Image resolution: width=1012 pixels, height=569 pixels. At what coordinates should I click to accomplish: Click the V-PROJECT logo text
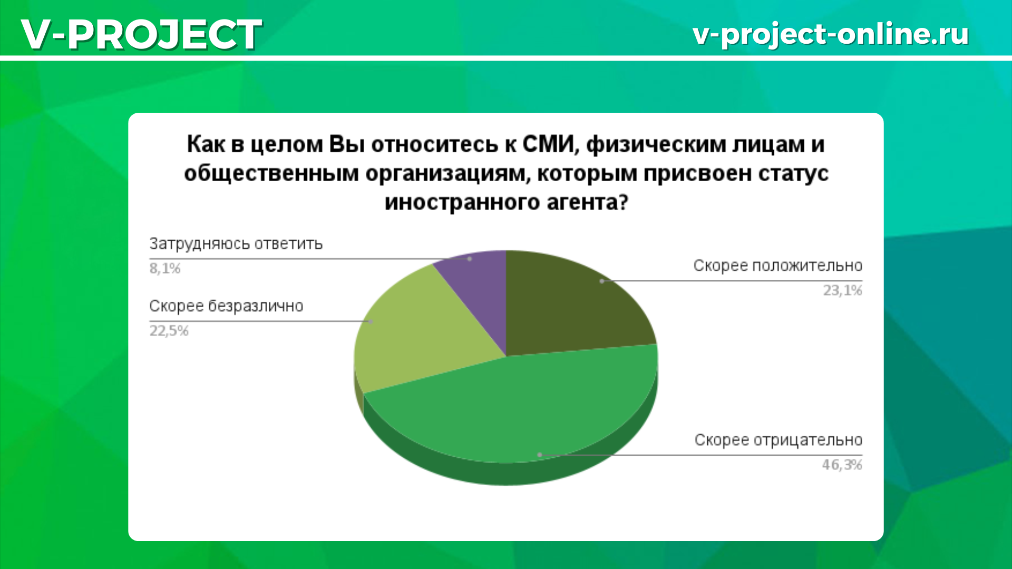click(x=141, y=34)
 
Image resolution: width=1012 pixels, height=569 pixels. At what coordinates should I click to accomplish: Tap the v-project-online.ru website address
click(x=831, y=35)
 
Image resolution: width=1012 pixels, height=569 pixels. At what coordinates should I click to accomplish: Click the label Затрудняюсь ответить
click(x=236, y=244)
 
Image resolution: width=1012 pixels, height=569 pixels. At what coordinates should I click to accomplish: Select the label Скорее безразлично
click(x=226, y=307)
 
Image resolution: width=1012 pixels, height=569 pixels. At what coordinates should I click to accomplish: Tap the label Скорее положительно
click(x=777, y=266)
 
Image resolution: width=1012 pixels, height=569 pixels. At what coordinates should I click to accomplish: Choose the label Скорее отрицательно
click(x=778, y=440)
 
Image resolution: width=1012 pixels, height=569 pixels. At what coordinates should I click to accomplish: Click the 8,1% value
click(x=165, y=269)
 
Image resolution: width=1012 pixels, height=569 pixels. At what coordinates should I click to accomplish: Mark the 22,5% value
click(x=169, y=331)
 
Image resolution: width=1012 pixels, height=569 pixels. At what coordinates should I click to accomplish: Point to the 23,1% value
click(x=843, y=290)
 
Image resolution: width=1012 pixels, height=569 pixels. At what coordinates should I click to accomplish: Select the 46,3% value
click(x=842, y=465)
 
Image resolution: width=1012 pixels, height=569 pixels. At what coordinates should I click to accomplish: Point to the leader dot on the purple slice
click(x=470, y=259)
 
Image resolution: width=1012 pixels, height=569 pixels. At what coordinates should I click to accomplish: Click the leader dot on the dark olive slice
click(x=602, y=281)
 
